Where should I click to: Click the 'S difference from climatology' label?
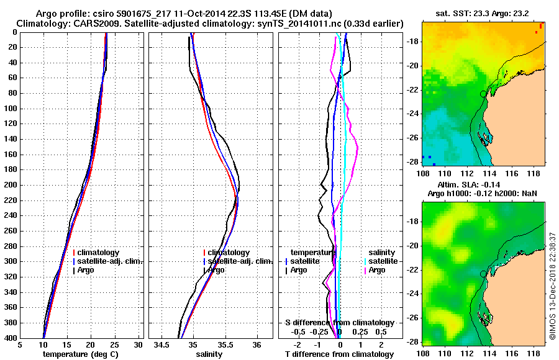(x=340, y=323)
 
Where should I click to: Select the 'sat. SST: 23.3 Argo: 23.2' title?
(x=483, y=12)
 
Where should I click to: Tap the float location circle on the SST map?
(x=483, y=94)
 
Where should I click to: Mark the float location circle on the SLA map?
(x=483, y=274)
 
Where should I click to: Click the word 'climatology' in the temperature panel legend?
(x=98, y=253)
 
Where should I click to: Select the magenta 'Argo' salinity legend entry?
(x=378, y=270)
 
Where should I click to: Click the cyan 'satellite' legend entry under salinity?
(x=380, y=261)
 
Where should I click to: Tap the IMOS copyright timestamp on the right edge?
(x=552, y=286)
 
